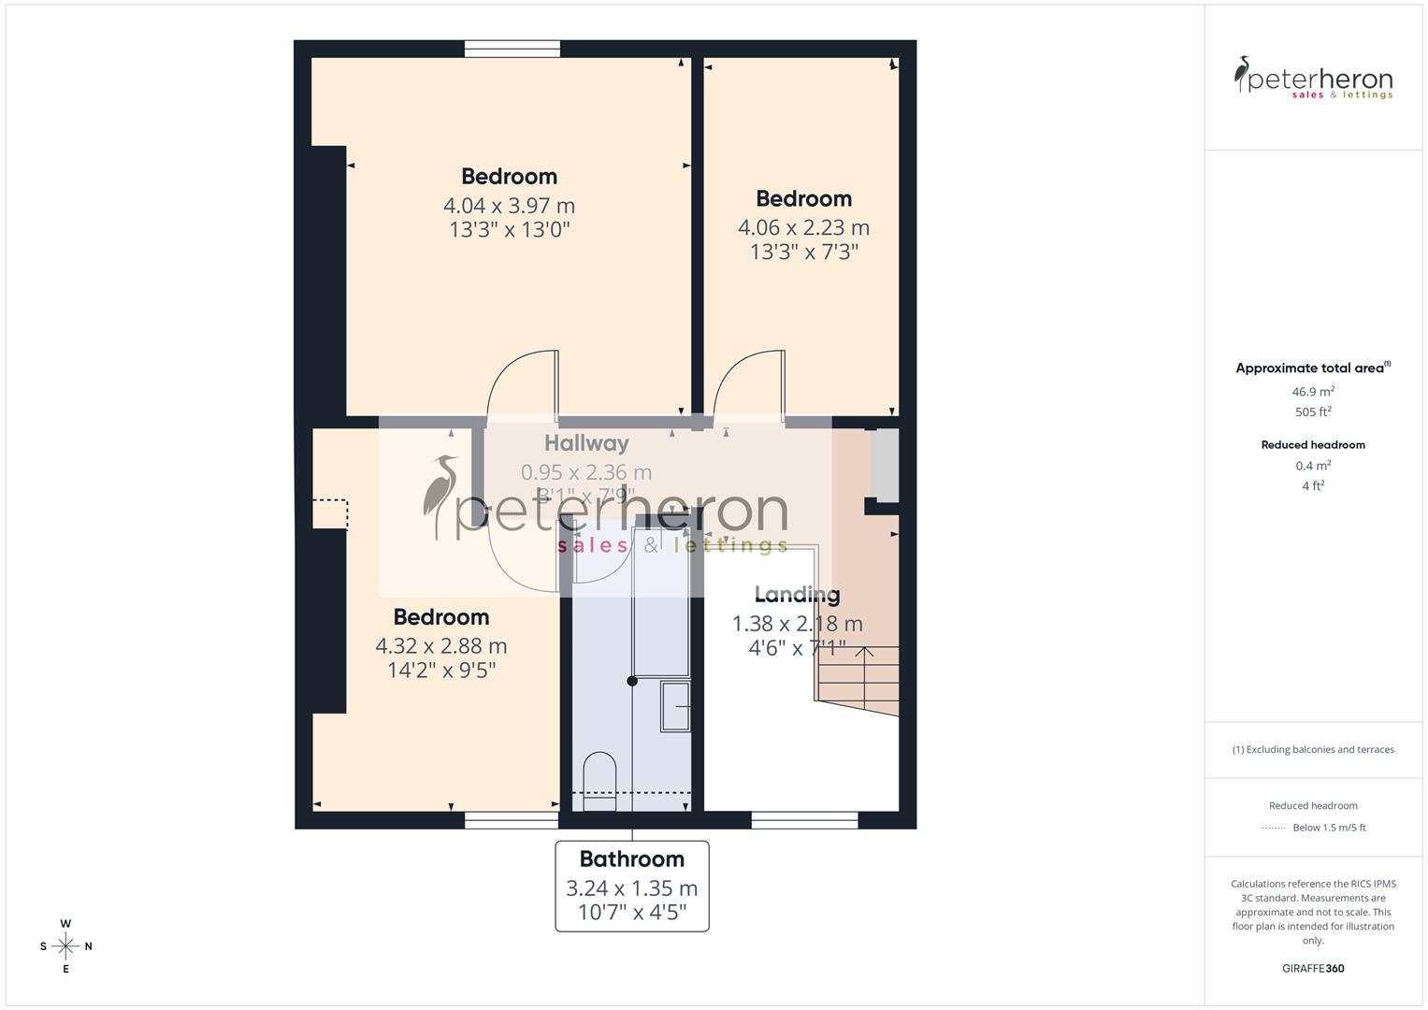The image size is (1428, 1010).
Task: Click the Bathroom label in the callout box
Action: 631,858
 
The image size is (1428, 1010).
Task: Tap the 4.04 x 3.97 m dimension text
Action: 509,206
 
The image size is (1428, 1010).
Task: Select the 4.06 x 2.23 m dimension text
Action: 803,227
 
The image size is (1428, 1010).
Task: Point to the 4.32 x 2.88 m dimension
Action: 440,646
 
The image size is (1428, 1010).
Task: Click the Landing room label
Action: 797,595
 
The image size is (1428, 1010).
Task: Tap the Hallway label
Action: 586,443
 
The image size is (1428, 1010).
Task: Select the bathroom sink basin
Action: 676,706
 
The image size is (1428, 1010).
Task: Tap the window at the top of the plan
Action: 512,49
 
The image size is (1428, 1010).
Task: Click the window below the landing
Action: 804,820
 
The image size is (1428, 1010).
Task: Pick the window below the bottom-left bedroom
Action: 512,820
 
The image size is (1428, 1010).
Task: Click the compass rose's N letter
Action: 89,946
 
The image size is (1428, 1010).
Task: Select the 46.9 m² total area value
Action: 1313,392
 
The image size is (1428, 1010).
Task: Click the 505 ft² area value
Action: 1313,412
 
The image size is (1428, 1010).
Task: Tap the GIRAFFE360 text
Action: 1313,969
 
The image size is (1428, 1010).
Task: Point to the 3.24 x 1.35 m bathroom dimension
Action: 631,888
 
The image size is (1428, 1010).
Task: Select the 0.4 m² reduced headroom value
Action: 1313,466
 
